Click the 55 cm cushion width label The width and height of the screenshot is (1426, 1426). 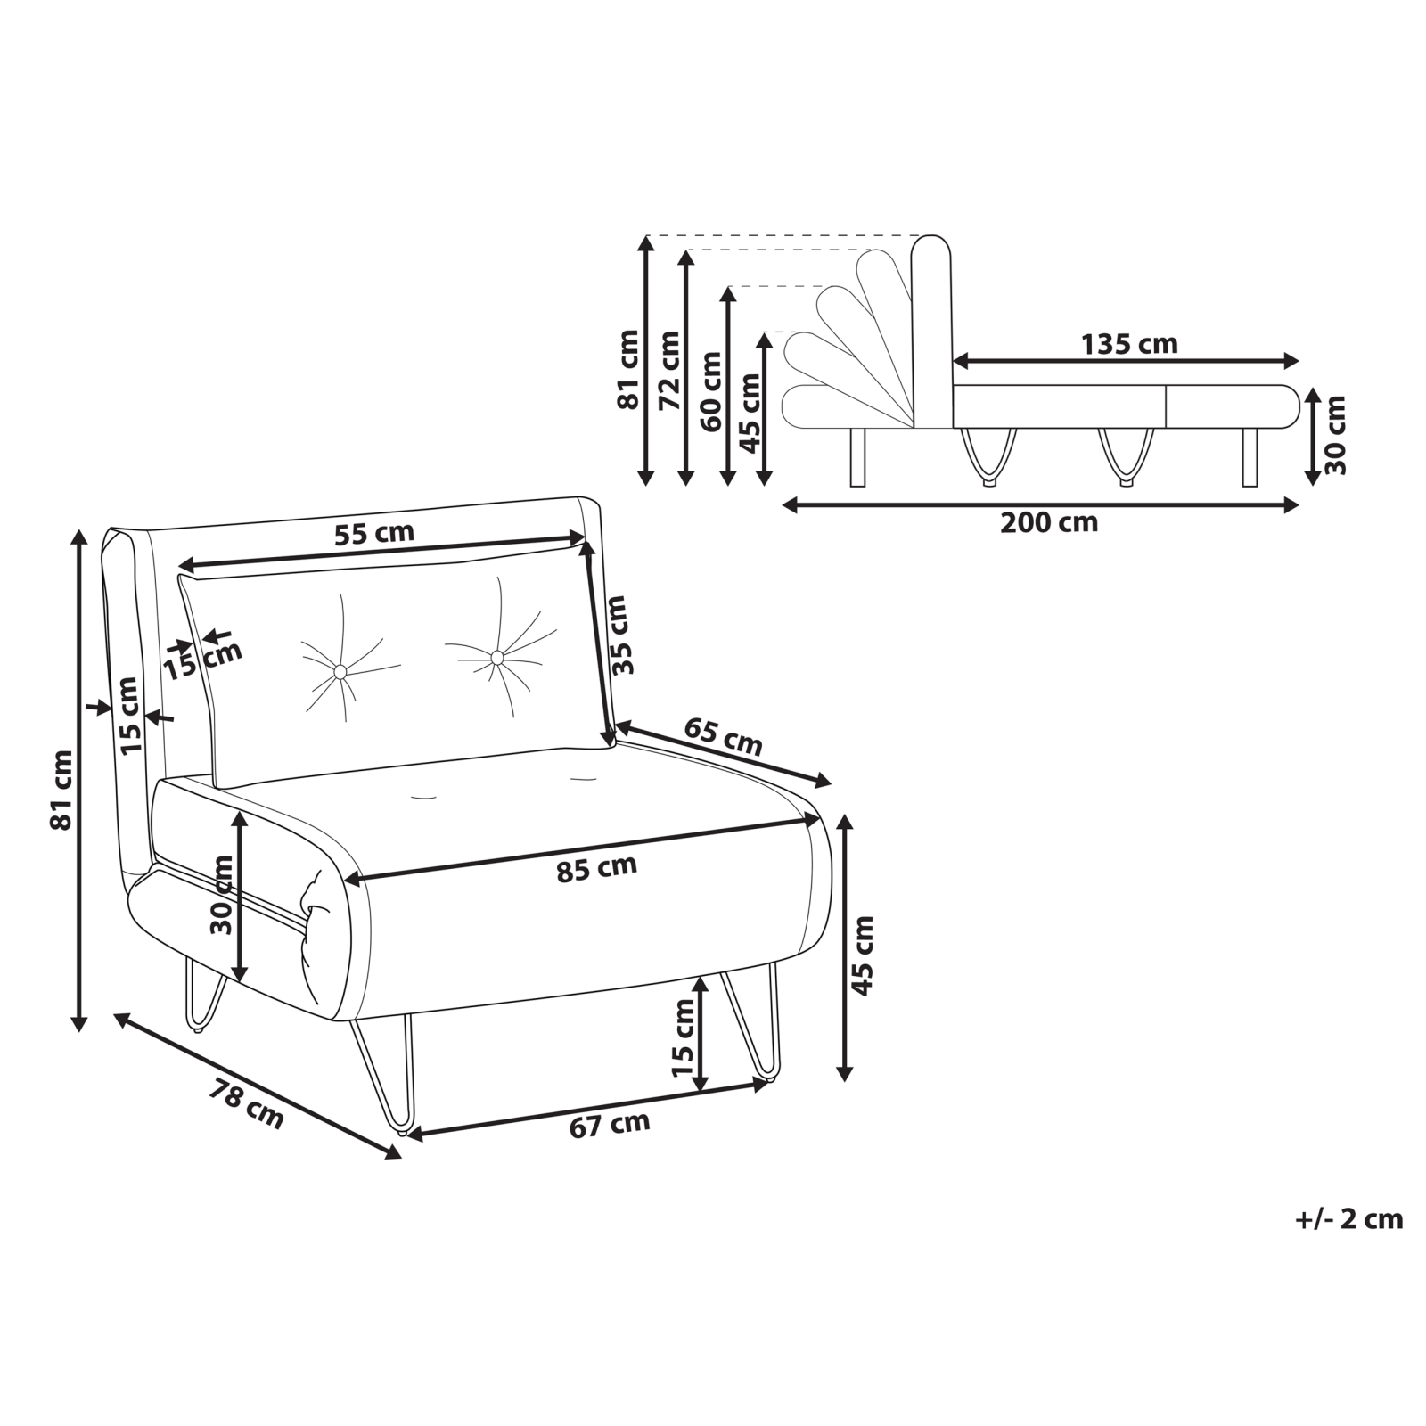click(374, 533)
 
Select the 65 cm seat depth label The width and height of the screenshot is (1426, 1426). click(723, 737)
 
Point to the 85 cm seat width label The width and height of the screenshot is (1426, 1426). click(597, 868)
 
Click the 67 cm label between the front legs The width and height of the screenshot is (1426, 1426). click(610, 1124)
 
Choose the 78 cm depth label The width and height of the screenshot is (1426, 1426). click(247, 1104)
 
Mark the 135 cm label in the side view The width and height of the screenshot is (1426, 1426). click(1129, 343)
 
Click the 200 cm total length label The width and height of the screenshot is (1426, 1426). click(1049, 521)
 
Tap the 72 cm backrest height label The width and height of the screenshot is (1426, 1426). click(669, 370)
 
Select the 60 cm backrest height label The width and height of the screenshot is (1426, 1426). click(711, 391)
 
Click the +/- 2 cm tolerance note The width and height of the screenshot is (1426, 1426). click(1349, 1219)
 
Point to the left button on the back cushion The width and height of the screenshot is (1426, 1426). click(340, 670)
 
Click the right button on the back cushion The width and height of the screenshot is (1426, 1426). click(496, 657)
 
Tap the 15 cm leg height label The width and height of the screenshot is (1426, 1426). click(683, 1037)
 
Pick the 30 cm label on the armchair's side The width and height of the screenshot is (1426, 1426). click(222, 895)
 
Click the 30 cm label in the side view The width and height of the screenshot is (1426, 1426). click(1334, 435)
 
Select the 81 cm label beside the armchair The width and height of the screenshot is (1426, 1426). click(61, 790)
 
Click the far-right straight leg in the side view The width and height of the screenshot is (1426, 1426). click(1250, 456)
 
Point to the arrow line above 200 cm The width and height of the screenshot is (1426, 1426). click(1040, 505)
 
